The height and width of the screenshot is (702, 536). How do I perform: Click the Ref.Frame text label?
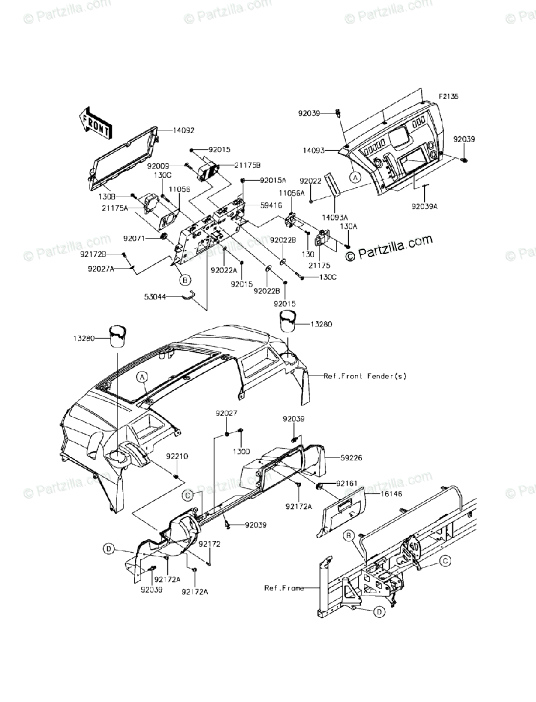click(284, 588)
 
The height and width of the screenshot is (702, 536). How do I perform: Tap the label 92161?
click(348, 484)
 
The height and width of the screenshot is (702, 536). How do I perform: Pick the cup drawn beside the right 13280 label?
click(288, 321)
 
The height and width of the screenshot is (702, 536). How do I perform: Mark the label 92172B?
click(94, 254)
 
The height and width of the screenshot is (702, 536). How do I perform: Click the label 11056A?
click(291, 192)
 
